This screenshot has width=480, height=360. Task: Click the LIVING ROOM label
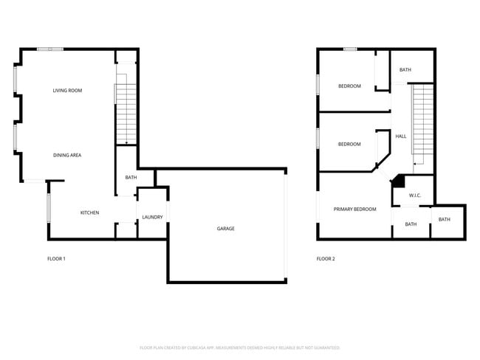67,91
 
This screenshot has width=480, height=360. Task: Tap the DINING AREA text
67,155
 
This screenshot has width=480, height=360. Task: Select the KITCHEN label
89,213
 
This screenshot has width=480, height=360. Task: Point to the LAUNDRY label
152,217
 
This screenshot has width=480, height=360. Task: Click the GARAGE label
225,229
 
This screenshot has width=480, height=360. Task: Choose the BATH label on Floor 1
131,178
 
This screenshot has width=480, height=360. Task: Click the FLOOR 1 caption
57,259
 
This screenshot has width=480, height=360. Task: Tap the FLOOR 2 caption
326,259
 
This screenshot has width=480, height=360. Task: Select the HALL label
401,136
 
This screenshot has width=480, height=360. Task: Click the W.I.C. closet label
415,195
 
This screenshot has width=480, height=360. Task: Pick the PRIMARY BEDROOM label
354,210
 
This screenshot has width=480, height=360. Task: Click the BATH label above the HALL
405,70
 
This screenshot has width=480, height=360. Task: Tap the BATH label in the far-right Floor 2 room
444,219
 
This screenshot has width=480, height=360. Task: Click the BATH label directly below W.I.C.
411,224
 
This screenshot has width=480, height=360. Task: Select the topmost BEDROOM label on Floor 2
349,86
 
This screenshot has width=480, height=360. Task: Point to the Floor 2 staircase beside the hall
422,122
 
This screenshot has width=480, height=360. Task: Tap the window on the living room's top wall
50,49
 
